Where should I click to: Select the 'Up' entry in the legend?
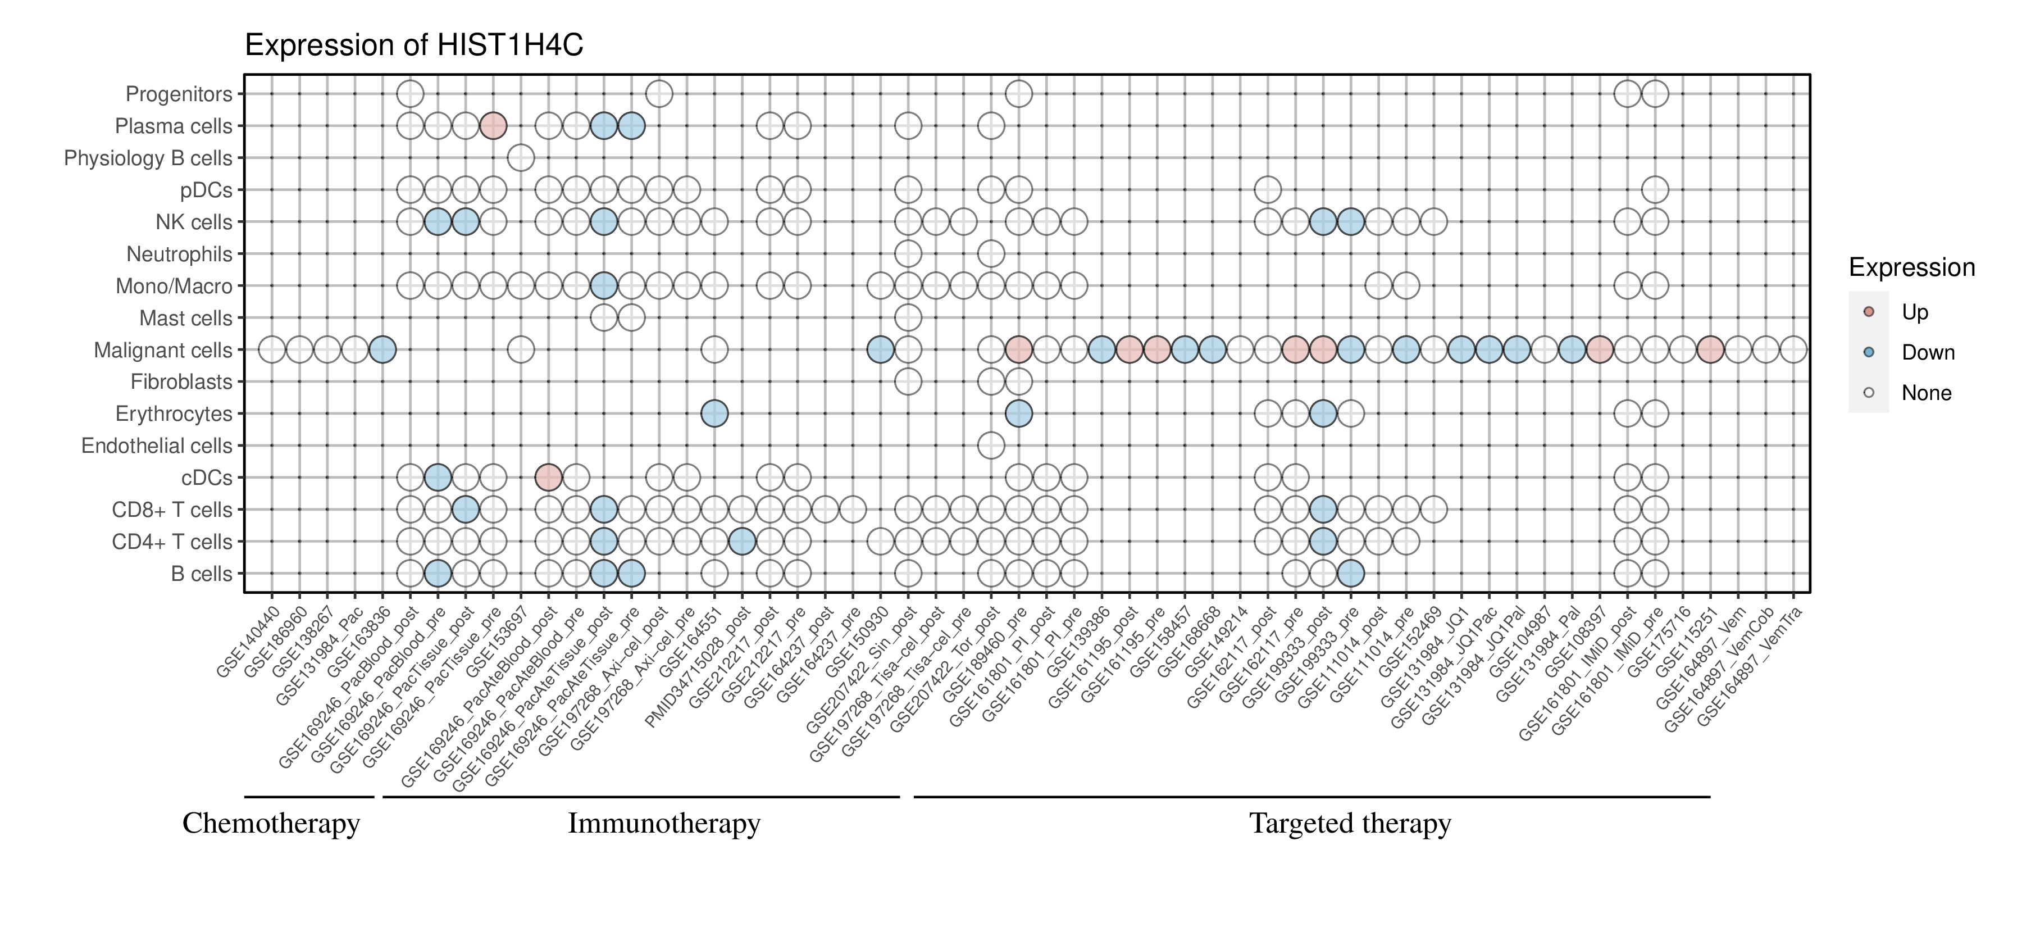pos(1915,312)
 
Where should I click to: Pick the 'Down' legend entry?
pos(1927,352)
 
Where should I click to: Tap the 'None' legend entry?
pos(1925,393)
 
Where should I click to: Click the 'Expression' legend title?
pos(1911,267)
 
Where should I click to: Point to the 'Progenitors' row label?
pos(179,94)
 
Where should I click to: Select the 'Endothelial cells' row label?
pos(157,446)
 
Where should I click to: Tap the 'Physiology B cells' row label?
pos(148,158)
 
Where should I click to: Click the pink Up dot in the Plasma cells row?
pos(493,126)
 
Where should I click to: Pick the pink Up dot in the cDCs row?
pos(548,477)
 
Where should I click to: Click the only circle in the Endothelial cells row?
pos(991,446)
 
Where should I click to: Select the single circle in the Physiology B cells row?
pos(521,158)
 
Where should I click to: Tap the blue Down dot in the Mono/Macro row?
pos(603,286)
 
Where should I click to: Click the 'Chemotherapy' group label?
pos(271,824)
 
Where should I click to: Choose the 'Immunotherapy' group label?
pos(664,824)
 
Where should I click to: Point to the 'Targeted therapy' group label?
pos(1350,824)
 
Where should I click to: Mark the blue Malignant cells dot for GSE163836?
pos(382,349)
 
